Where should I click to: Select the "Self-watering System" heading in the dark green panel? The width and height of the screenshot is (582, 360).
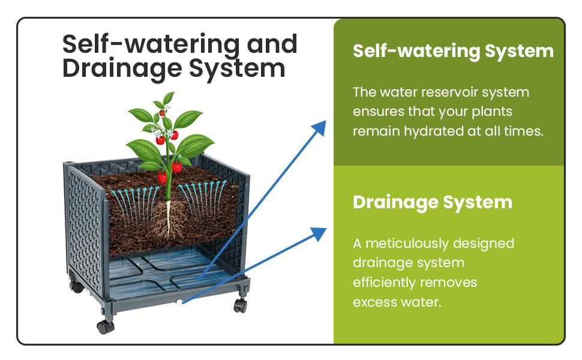[453, 51]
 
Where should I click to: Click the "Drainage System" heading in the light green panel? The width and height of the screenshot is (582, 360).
[432, 202]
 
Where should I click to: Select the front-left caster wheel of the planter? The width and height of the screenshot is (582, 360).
[105, 326]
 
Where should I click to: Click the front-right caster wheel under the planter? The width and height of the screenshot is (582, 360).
[240, 305]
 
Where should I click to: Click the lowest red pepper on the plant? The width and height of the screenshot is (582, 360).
[163, 178]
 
